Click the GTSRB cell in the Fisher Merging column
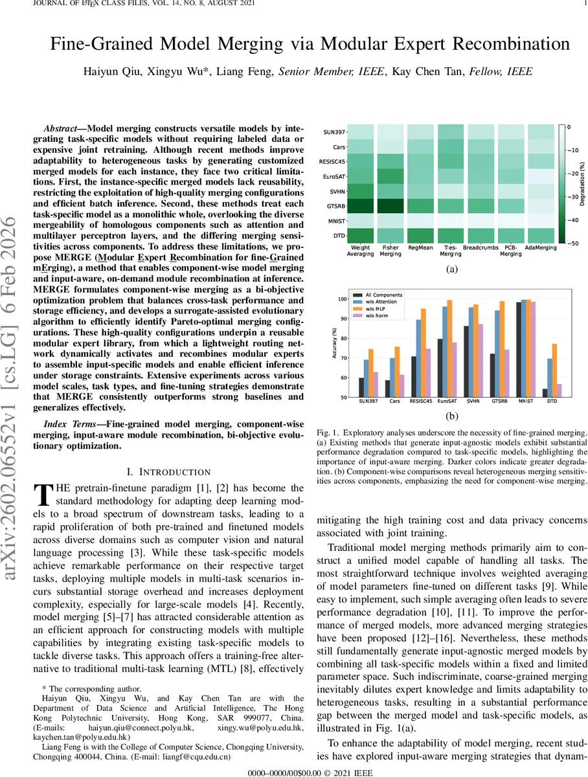[390, 205]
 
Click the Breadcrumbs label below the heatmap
[480, 247]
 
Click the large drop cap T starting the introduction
[41, 494]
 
